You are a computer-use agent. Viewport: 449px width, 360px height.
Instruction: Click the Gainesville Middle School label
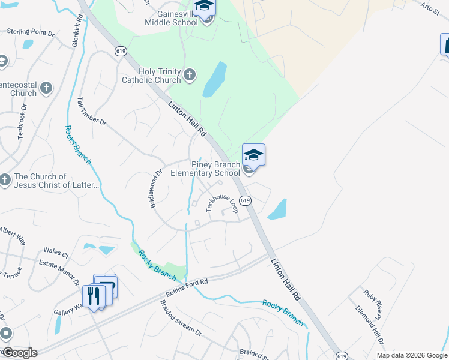pos(171,17)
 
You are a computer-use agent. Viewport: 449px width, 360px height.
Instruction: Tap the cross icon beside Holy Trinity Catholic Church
pos(190,74)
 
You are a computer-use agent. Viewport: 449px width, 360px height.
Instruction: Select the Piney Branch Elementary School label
pos(205,169)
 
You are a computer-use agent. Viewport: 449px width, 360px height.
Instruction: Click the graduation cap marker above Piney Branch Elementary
pos(253,155)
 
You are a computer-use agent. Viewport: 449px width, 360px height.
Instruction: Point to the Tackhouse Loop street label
pos(222,202)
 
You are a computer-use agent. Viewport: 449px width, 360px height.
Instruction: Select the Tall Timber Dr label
pos(91,112)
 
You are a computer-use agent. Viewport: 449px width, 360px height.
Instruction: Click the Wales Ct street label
pos(57,254)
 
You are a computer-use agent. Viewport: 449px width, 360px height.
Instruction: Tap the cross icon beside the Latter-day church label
pos(5,179)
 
